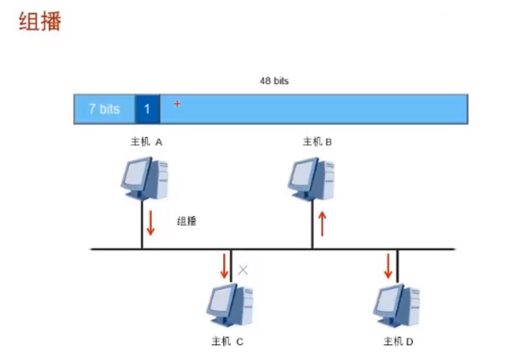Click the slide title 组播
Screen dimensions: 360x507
tap(40, 22)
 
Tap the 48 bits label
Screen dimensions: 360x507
tap(274, 81)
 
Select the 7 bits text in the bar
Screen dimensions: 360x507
tap(104, 109)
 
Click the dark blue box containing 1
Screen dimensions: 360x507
tap(147, 109)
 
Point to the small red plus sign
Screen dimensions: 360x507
tap(177, 104)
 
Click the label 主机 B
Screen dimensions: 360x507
tap(318, 142)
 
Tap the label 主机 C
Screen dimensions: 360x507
tap(227, 341)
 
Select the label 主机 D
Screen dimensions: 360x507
tap(398, 341)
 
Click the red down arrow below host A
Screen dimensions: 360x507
tap(150, 223)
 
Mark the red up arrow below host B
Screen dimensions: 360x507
tap(322, 224)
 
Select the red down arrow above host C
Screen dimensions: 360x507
tap(224, 266)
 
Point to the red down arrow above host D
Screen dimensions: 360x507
tap(388, 266)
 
